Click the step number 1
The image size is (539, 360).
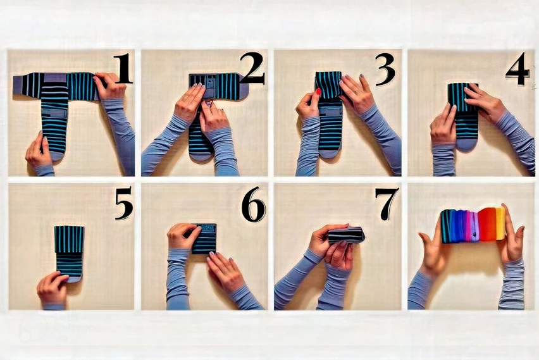[x=123, y=68]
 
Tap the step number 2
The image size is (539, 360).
[x=252, y=68]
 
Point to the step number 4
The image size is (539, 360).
[x=517, y=68]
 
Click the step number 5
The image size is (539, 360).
[x=123, y=203]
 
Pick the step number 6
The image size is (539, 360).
[x=253, y=204]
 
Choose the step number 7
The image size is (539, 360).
[x=387, y=204]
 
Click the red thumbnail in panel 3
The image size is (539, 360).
[x=318, y=92]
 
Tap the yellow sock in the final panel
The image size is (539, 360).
[x=500, y=223]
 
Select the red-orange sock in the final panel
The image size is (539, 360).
[x=487, y=224]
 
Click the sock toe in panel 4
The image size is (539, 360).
[x=466, y=144]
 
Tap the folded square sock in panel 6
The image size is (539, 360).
[x=204, y=239]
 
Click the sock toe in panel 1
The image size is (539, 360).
[x=57, y=156]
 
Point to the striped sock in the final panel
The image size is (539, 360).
[x=446, y=226]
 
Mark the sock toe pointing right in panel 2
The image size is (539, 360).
[x=244, y=93]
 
